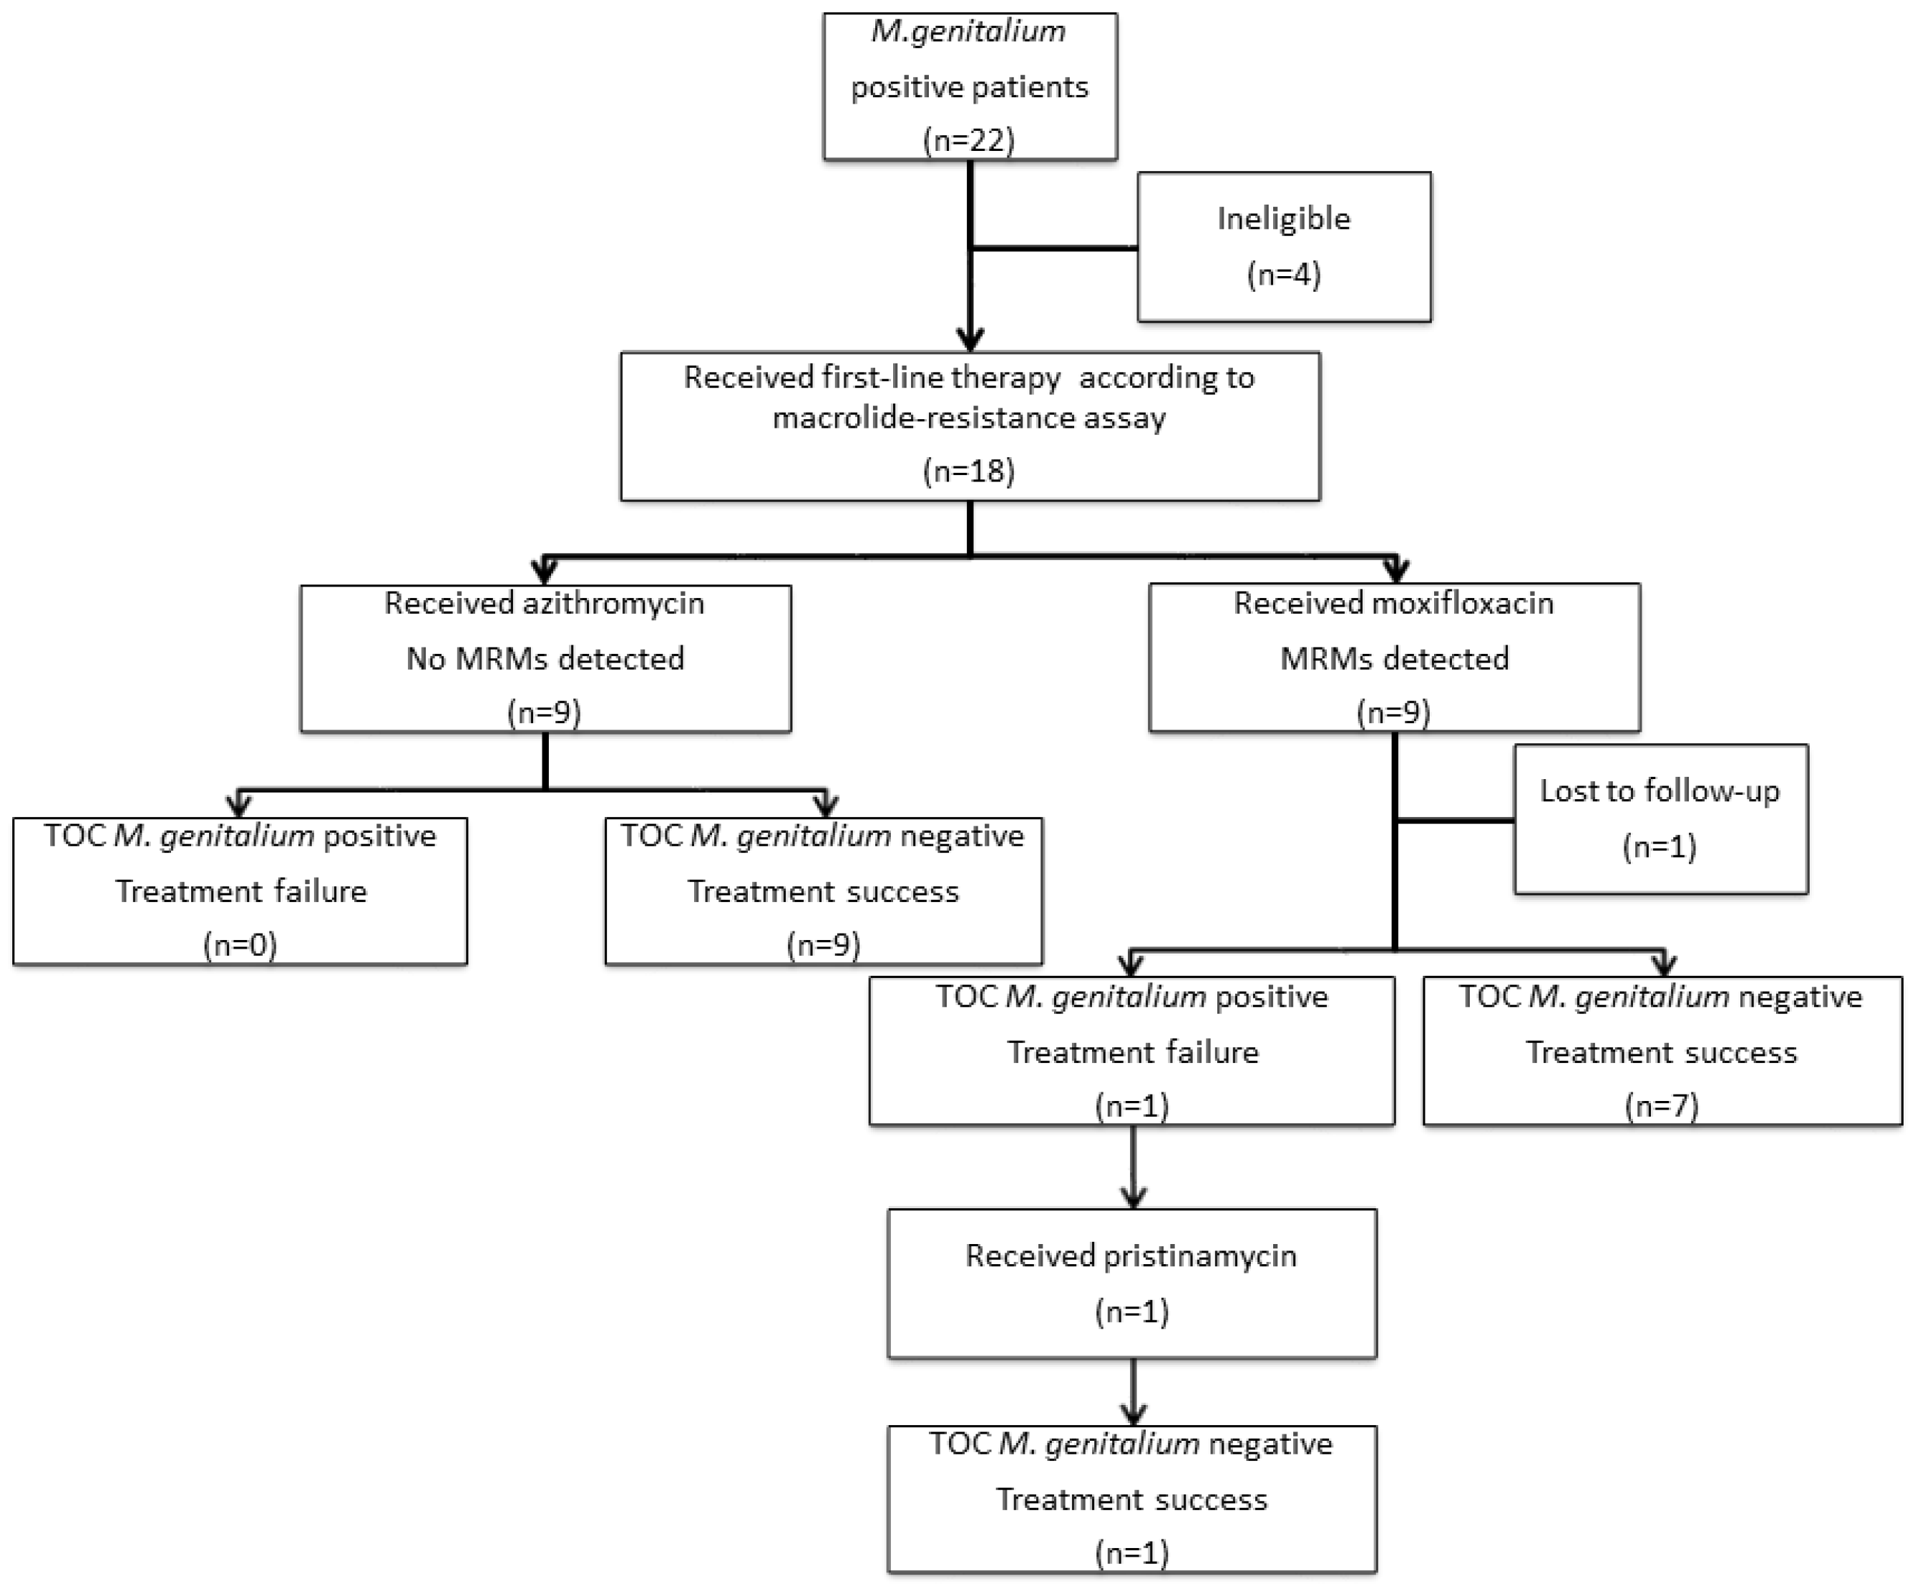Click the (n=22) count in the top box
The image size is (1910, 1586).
click(969, 140)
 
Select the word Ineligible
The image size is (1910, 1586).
click(1283, 218)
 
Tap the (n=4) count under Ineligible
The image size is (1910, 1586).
click(1283, 274)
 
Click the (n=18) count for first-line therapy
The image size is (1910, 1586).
click(969, 471)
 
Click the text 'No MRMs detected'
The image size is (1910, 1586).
click(545, 658)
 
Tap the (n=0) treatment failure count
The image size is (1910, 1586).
click(240, 945)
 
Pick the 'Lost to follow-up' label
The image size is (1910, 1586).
click(1659, 791)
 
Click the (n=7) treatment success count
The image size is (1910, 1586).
click(1661, 1106)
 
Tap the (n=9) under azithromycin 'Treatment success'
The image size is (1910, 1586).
click(823, 945)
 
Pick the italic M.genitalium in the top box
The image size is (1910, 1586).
click(969, 31)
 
